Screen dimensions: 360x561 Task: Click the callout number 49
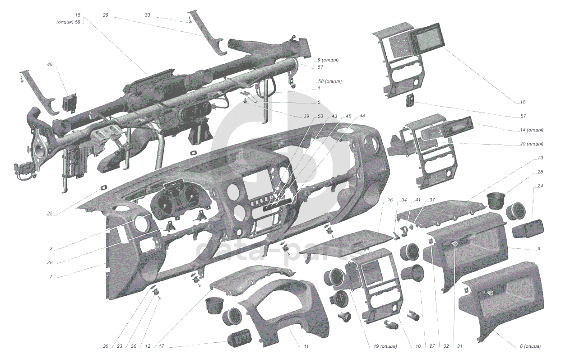[50, 65]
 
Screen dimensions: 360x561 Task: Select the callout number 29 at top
[106, 15]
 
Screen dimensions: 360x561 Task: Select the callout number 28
[540, 172]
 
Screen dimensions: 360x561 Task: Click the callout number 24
[540, 186]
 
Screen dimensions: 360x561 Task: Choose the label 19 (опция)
[385, 346]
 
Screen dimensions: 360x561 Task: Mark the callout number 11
[306, 346]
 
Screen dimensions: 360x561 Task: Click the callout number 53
[320, 116]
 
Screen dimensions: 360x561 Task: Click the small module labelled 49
[69, 102]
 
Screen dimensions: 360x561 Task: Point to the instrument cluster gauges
[179, 201]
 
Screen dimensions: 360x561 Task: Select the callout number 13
[540, 158]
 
